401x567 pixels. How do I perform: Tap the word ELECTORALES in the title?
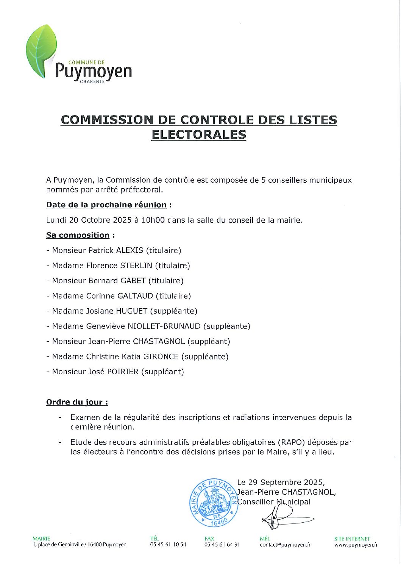[x=198, y=135]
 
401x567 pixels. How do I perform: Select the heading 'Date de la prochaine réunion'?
[x=106, y=205]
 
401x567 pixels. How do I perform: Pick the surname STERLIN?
[x=136, y=266]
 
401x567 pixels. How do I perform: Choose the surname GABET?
[x=133, y=281]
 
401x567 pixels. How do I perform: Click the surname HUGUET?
[x=131, y=311]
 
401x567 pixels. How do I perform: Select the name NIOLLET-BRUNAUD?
[x=164, y=326]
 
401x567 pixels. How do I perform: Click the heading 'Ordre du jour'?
[x=77, y=402]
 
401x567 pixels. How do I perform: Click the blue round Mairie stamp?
[x=214, y=503]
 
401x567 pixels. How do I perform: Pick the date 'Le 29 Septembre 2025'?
[x=281, y=482]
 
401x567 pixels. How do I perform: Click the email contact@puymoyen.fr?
[x=285, y=545]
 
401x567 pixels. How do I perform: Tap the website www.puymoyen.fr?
[x=356, y=545]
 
